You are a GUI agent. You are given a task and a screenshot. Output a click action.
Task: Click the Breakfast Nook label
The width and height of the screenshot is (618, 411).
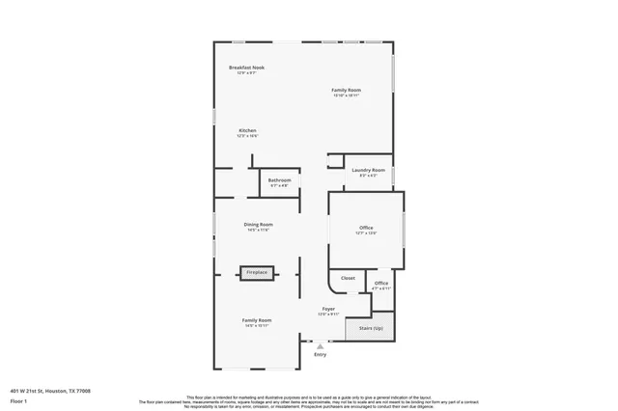point(246,68)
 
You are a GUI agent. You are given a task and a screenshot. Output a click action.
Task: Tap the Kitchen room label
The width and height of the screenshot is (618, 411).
point(247,130)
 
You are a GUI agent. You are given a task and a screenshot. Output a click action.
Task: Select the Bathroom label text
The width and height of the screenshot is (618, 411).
point(279,179)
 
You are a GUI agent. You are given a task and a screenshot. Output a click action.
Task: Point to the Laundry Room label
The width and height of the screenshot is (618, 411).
point(368,170)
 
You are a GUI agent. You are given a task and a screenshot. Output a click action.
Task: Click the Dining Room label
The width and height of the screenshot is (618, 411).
point(258,224)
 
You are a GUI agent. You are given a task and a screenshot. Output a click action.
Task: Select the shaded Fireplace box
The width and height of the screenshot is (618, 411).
point(257,273)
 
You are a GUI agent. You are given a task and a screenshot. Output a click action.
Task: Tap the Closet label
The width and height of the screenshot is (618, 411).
point(348,278)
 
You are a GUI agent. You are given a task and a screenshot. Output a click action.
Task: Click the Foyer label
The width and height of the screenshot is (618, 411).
point(328,309)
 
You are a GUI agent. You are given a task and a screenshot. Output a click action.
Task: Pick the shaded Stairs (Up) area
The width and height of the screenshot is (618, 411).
point(371,328)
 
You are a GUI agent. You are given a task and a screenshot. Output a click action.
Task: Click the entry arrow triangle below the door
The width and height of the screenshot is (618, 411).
point(321,345)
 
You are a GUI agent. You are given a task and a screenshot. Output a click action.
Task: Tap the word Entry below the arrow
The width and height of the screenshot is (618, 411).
point(321,354)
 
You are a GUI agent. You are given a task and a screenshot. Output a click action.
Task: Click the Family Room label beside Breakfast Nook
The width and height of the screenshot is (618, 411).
point(346,90)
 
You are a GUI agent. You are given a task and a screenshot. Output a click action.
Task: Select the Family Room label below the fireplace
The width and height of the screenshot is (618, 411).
point(257,320)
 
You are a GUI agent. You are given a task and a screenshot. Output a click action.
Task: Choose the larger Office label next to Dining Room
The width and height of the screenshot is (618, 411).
point(366,228)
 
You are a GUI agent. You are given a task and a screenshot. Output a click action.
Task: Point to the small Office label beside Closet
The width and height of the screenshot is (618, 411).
point(381,283)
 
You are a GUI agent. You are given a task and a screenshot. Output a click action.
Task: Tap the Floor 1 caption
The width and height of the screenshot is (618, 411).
point(17,400)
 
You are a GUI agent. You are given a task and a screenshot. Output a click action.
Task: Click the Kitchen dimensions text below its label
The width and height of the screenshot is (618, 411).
point(247,136)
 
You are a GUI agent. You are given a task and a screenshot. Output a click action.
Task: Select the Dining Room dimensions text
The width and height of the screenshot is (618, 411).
point(258,230)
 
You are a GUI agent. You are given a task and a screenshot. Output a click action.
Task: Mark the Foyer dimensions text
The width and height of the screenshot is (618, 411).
point(328,315)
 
